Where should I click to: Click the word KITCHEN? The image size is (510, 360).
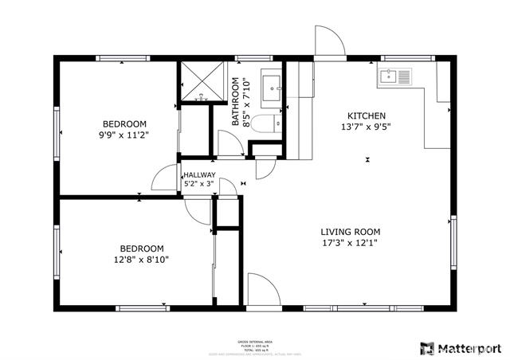(367, 115)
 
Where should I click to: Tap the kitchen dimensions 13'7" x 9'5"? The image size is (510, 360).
(367, 127)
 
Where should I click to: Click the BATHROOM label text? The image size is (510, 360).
(236, 102)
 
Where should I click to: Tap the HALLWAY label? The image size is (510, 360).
(199, 175)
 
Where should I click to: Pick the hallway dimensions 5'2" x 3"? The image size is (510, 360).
(199, 185)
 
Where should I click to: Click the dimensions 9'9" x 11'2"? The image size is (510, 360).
(125, 135)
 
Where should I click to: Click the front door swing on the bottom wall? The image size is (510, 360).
(261, 288)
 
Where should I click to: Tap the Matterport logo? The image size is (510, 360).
(462, 347)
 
